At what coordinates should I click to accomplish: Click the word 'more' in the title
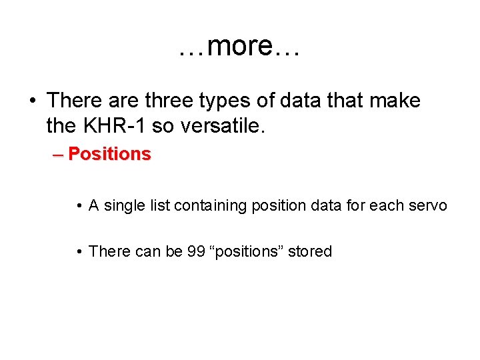239,47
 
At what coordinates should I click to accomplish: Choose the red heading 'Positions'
109,154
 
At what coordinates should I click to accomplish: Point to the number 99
196,251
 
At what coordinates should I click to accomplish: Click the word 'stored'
310,251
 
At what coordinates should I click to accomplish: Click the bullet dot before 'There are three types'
32,101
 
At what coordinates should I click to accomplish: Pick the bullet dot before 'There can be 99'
79,252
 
